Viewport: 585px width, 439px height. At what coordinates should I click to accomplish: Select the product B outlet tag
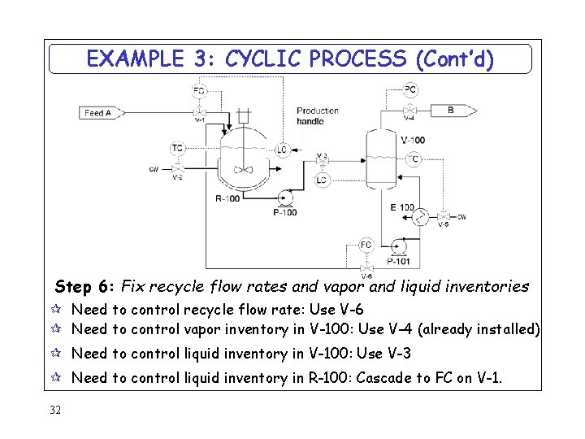pos(452,110)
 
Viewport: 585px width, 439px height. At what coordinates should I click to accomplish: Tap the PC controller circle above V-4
pos(410,89)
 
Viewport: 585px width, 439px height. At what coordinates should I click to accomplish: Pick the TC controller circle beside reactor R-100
pos(177,148)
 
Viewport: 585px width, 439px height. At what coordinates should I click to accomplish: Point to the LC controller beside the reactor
pos(282,150)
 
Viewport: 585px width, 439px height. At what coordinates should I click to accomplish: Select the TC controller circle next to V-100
pos(414,159)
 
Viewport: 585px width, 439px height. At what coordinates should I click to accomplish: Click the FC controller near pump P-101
pos(366,245)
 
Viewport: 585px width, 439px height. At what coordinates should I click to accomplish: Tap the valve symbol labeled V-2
pos(177,168)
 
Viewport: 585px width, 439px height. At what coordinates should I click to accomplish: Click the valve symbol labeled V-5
pos(443,217)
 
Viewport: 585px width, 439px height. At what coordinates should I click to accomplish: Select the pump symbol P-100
pos(285,198)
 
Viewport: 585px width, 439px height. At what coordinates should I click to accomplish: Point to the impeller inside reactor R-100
pos(243,170)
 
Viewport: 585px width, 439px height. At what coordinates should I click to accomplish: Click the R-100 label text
pos(227,198)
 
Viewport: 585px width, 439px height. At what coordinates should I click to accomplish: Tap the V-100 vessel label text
pos(413,140)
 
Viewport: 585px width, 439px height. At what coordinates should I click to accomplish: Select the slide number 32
pos(54,409)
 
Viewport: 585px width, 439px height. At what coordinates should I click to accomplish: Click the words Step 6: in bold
pos(84,286)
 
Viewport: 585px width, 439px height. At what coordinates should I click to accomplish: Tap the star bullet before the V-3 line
pos(57,354)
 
